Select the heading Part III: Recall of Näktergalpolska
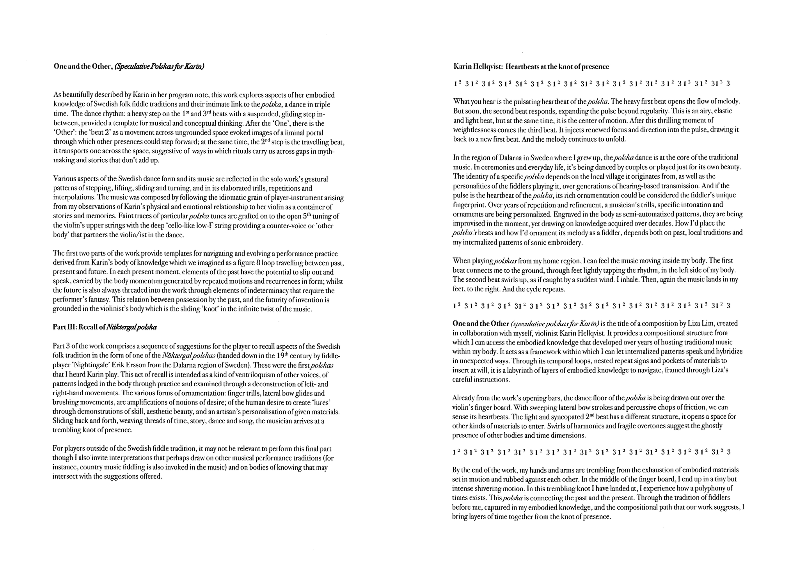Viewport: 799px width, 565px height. coord(105,327)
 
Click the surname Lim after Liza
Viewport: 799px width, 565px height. coord(708,323)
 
